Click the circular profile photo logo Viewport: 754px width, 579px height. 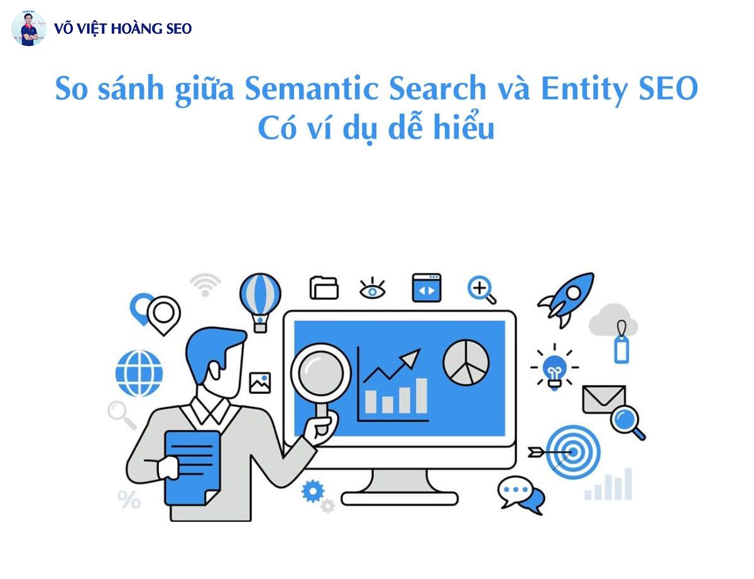[28, 28]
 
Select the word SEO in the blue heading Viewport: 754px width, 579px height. [667, 90]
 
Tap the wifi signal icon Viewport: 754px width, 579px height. [205, 284]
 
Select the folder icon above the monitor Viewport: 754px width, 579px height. [324, 288]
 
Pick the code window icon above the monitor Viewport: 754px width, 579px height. [427, 288]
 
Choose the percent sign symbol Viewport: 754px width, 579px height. [129, 500]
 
